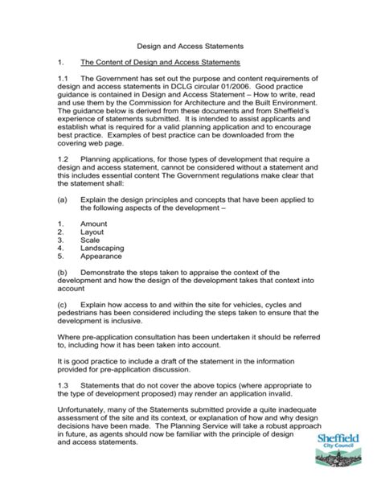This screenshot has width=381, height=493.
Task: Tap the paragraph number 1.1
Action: (x=63, y=78)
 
